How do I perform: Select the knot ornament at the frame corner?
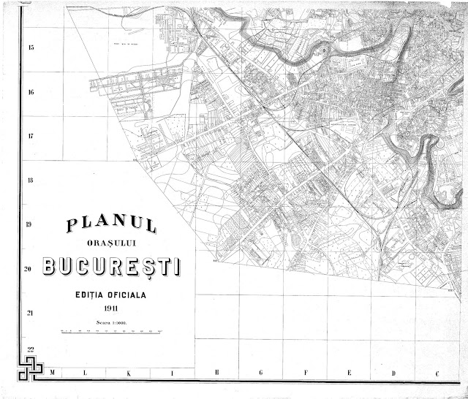(x=32, y=371)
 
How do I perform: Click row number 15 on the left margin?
(x=31, y=48)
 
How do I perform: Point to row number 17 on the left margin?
(x=31, y=137)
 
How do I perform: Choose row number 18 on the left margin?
(x=31, y=180)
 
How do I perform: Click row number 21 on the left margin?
(x=31, y=313)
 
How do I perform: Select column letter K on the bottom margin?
(x=129, y=373)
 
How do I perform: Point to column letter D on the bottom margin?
(x=393, y=373)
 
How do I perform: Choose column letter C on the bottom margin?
(x=437, y=373)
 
